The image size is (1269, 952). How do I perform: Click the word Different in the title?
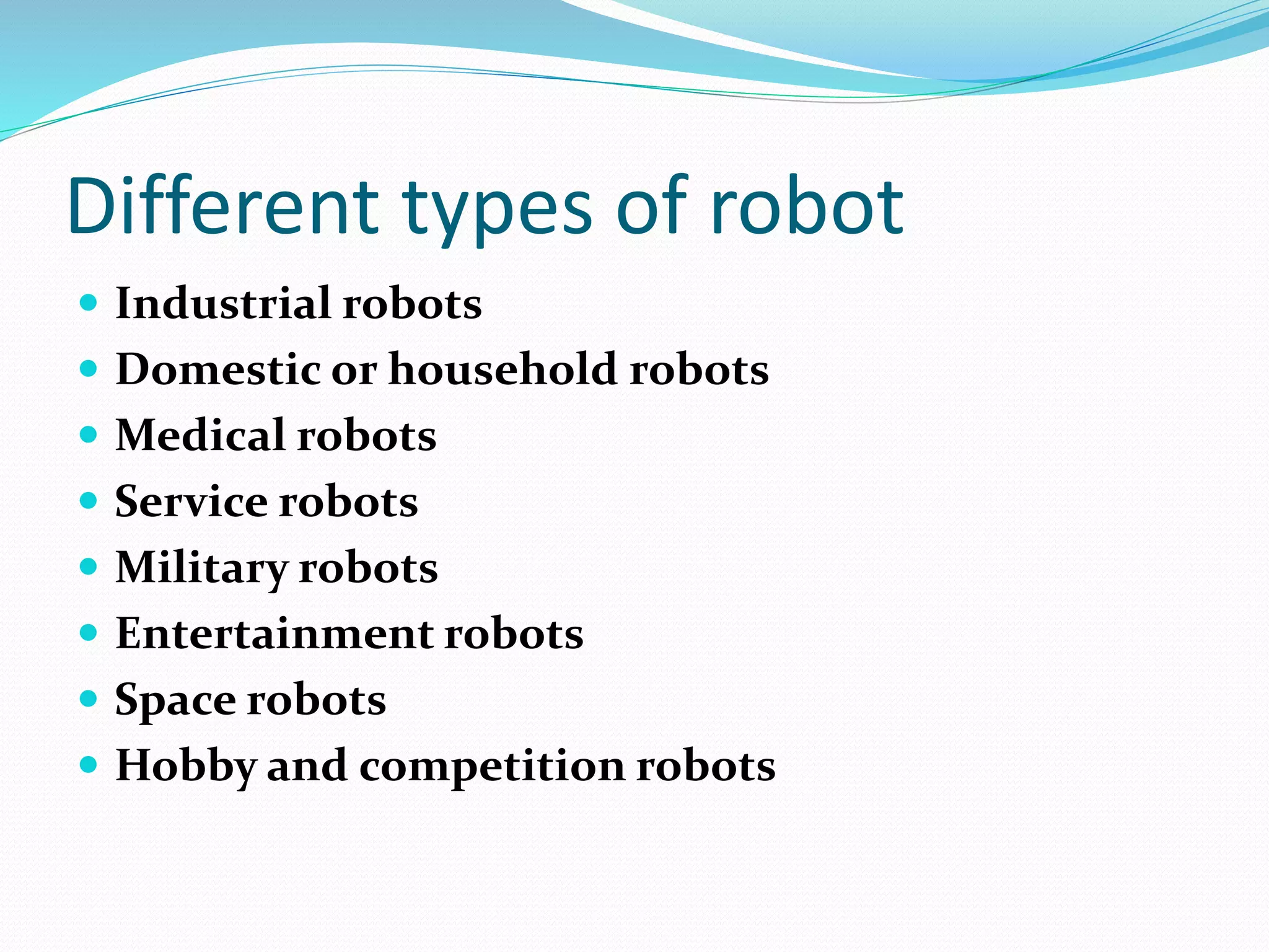click(x=223, y=206)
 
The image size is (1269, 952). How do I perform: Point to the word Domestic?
click(x=217, y=369)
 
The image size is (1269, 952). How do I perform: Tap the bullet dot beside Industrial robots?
click(x=89, y=302)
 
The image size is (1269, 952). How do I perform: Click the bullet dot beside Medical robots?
click(x=89, y=434)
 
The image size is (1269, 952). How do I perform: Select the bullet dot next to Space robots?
click(x=89, y=699)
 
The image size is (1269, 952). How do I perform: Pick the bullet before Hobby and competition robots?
click(x=89, y=765)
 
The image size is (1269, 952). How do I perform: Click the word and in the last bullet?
click(x=306, y=766)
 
